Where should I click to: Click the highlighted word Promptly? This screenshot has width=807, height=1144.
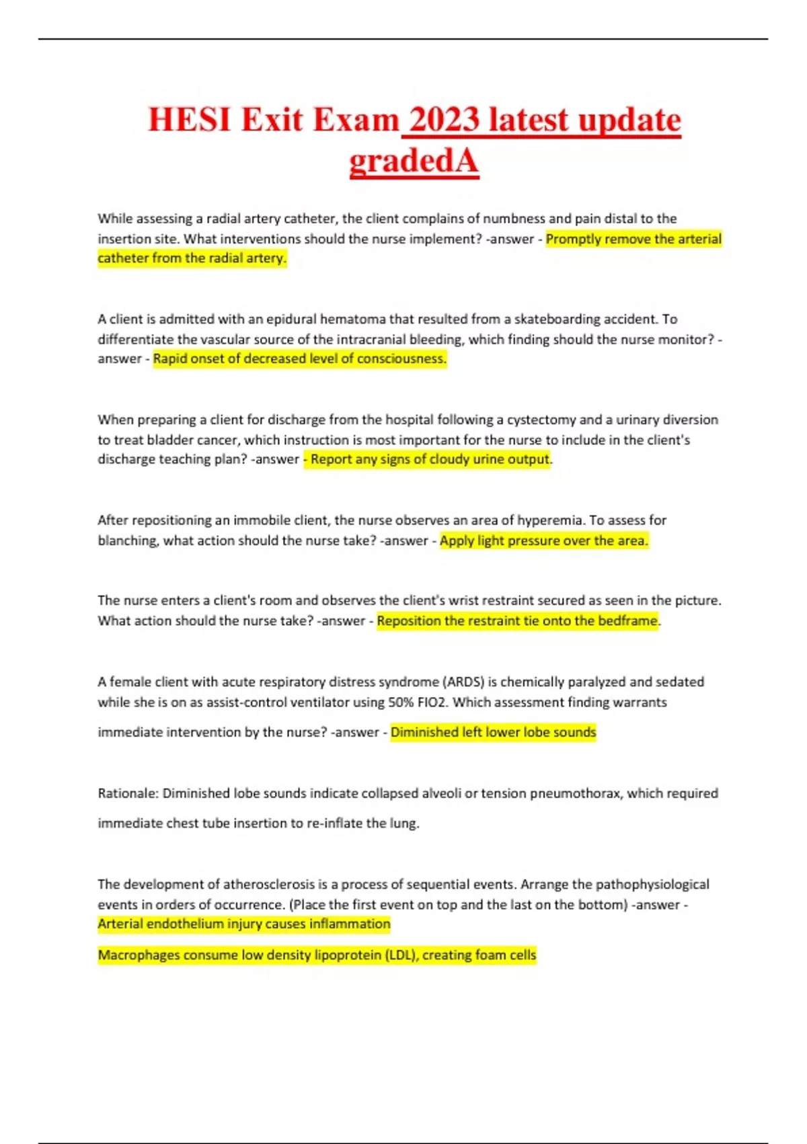pyautogui.click(x=573, y=239)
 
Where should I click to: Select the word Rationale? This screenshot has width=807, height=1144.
pyautogui.click(x=128, y=793)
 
